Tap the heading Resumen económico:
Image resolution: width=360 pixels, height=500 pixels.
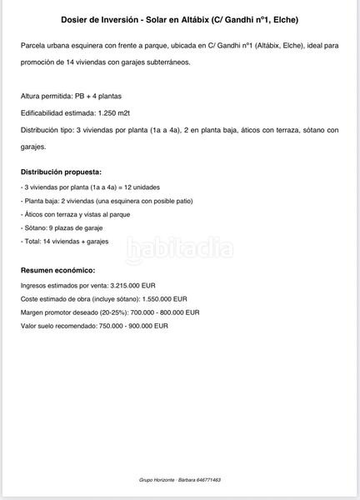coord(57,270)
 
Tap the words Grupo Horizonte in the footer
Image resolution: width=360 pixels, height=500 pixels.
coord(157,480)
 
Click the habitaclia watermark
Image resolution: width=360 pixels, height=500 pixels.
coord(178,247)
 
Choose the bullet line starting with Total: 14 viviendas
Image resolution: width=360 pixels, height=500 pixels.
coord(64,241)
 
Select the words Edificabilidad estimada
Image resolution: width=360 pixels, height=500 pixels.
coord(56,112)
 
